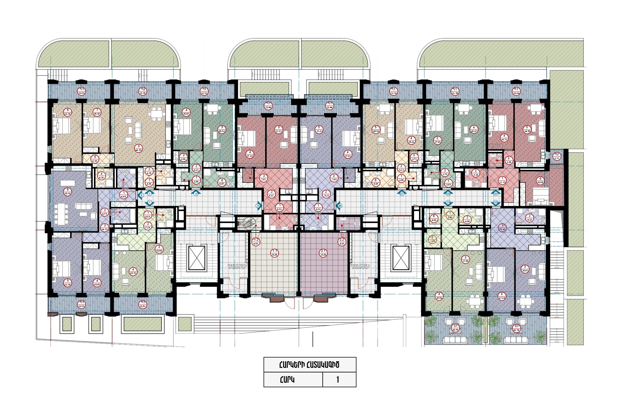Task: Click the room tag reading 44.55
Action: (x=139, y=148)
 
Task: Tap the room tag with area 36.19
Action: (x=68, y=191)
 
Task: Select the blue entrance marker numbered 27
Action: (x=402, y=193)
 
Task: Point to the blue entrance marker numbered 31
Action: (x=448, y=203)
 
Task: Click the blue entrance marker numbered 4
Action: (x=196, y=193)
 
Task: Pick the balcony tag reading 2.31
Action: (x=557, y=156)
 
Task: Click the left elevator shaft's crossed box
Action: (x=197, y=258)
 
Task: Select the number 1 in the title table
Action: (x=338, y=379)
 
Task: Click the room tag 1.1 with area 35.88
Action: (x=275, y=253)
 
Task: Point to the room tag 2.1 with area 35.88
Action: (x=323, y=253)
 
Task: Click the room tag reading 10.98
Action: (x=540, y=181)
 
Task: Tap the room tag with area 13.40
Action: (x=502, y=227)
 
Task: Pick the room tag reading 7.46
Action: (x=450, y=215)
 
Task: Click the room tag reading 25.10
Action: (x=133, y=271)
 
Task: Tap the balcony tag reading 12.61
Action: (x=143, y=304)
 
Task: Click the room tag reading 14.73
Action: (x=504, y=138)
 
